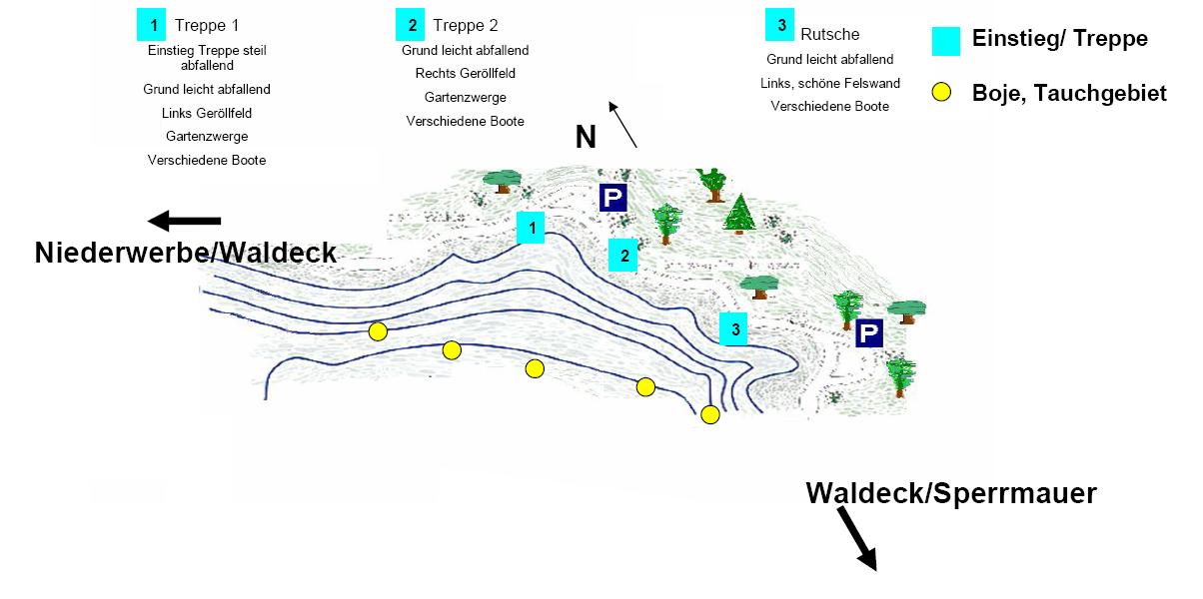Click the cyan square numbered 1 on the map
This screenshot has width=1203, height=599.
click(x=533, y=229)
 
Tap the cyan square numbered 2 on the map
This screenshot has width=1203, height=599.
click(x=623, y=257)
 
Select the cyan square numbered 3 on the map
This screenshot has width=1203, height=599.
click(x=734, y=328)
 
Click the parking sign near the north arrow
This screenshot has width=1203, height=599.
click(x=612, y=198)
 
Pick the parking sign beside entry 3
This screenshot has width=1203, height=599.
click(x=869, y=334)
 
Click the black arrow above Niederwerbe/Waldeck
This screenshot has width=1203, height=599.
click(x=184, y=221)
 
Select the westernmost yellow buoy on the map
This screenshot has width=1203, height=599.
click(x=377, y=331)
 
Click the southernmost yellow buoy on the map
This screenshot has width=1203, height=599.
click(x=710, y=415)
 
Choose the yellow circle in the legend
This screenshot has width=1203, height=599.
click(x=940, y=94)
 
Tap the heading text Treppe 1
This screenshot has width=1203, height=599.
click(x=207, y=25)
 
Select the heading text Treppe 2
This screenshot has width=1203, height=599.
click(x=465, y=25)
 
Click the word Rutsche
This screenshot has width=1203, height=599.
click(x=829, y=34)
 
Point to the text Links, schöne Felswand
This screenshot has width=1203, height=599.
click(x=829, y=83)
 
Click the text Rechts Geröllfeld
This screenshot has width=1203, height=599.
click(x=465, y=73)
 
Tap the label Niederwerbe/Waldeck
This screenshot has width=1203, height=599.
click(x=185, y=253)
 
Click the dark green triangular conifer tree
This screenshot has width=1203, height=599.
click(x=740, y=213)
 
